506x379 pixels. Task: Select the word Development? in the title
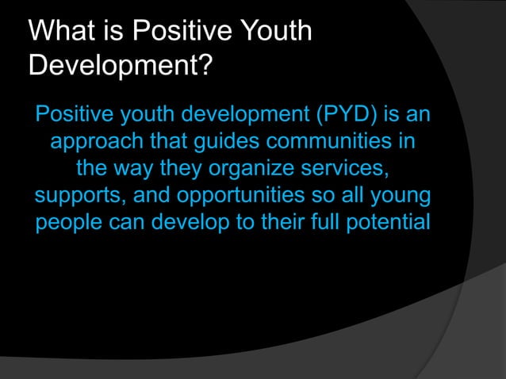120,66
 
